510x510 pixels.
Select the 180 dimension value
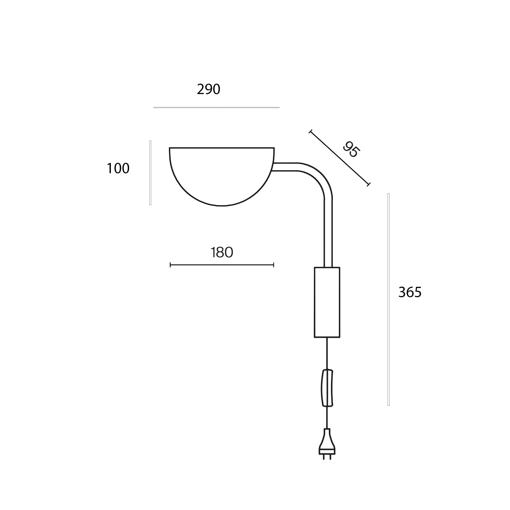pos(222,252)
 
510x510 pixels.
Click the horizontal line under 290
pos(216,108)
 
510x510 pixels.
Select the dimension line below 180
pos(222,265)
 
